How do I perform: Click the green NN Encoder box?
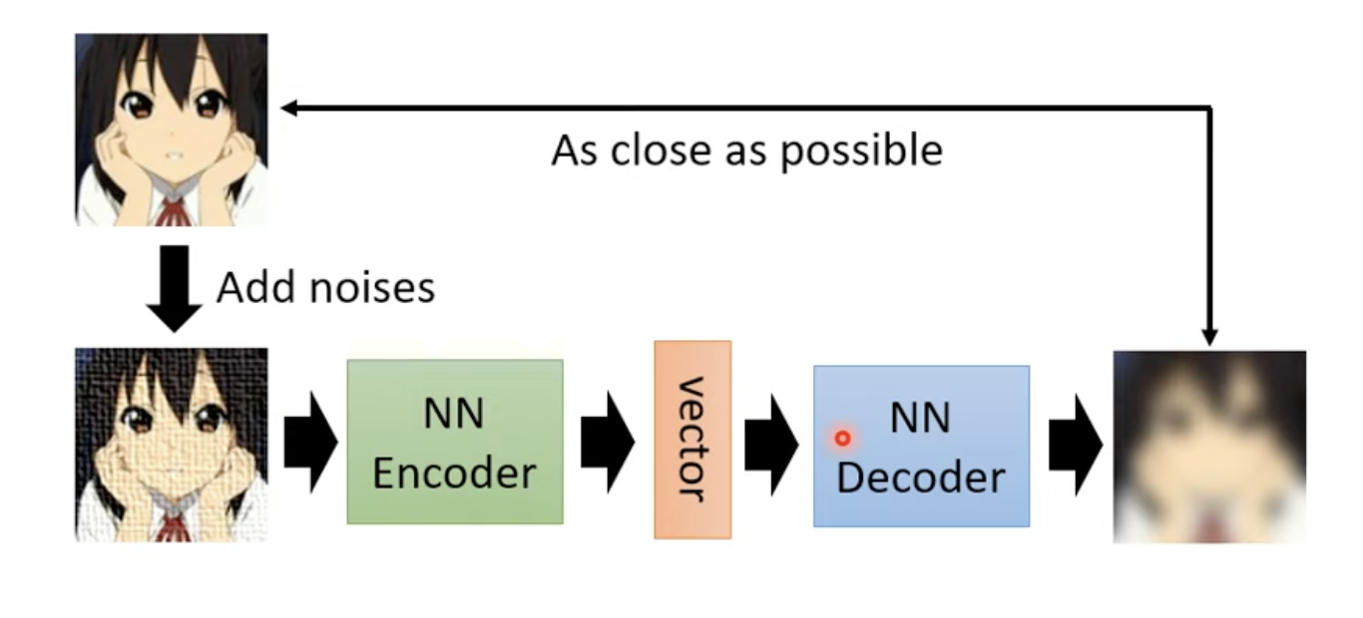[455, 442]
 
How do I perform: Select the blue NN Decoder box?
[922, 446]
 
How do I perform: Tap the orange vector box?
[693, 440]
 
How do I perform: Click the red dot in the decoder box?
[843, 439]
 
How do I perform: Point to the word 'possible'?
[862, 152]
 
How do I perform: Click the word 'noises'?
[372, 288]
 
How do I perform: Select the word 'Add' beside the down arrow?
[255, 287]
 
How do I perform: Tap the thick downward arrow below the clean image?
[175, 289]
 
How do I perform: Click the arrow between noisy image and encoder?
[311, 443]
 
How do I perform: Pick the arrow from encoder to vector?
[608, 443]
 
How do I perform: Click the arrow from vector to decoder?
[771, 445]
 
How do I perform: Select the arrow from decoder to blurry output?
[1076, 445]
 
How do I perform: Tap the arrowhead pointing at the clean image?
[288, 109]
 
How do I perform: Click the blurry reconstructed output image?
[1209, 447]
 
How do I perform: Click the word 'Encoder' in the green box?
[455, 473]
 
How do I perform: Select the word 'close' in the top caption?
[661, 151]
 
